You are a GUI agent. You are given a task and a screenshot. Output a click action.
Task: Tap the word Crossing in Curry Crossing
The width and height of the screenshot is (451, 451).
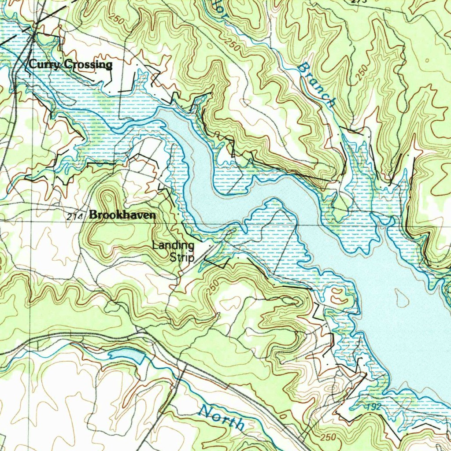88,65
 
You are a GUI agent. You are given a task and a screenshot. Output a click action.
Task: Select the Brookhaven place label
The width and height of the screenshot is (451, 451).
122,215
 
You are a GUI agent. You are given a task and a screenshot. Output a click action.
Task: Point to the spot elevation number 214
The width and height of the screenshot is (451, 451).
76,216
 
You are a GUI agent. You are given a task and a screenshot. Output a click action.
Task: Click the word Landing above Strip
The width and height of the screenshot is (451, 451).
173,245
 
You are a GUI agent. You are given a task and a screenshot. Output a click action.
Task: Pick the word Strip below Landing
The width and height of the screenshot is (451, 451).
181,257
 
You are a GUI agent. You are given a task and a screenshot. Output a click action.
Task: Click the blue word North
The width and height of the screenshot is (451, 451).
222,418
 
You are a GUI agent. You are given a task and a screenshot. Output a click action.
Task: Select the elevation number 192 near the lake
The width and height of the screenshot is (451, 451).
373,408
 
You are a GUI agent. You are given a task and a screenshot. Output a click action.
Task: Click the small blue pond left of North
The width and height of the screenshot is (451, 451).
126,355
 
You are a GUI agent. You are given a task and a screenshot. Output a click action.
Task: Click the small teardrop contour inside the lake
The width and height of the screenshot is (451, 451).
401,299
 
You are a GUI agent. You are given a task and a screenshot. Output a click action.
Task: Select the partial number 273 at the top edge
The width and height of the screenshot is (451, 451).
359,2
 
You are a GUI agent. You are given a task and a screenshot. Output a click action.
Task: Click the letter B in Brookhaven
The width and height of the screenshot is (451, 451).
93,215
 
